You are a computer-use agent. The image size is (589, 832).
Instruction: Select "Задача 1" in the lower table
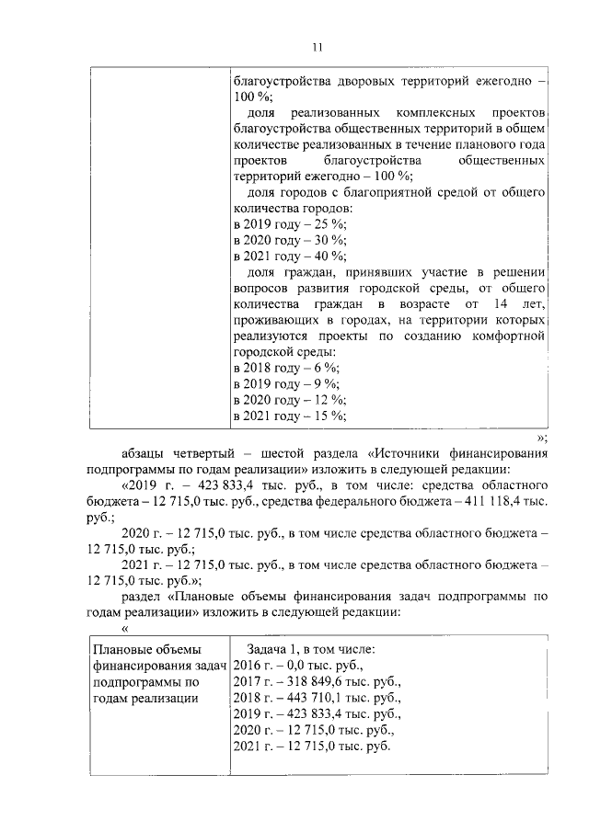click(278, 648)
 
